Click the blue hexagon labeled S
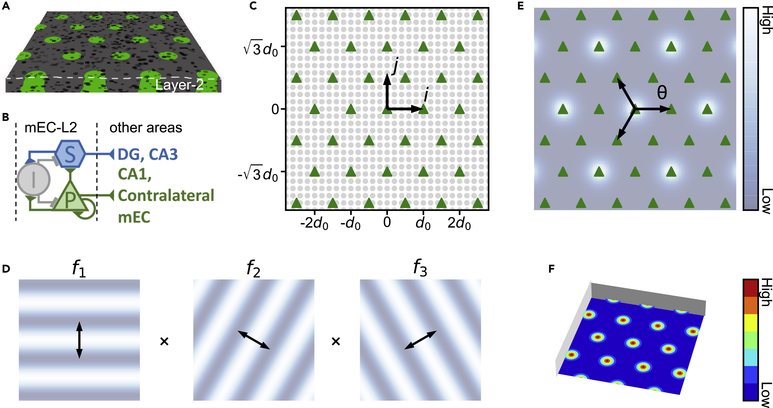click(70, 154)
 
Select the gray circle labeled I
click(33, 179)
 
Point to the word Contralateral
click(166, 196)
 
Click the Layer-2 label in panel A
click(179, 85)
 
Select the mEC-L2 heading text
click(50, 128)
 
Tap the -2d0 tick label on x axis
click(314, 223)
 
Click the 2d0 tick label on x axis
click(459, 223)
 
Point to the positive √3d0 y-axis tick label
click(260, 48)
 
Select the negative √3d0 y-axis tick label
click(258, 173)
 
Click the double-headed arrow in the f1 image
click(79, 340)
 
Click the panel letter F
click(551, 269)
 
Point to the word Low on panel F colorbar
click(767, 394)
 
